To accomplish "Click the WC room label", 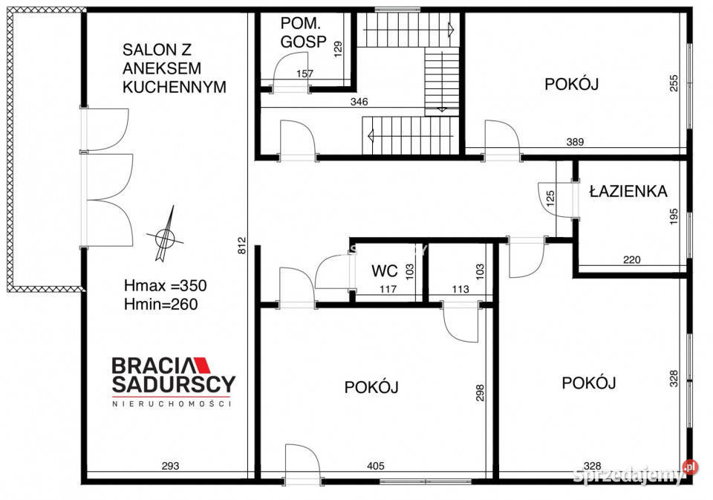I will tap(385, 270).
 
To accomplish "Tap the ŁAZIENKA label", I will tap(628, 191).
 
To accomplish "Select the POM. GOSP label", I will tap(303, 33).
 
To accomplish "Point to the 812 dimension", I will tap(241, 246).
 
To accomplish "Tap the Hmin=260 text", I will tap(161, 303).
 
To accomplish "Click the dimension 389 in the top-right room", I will tap(574, 142).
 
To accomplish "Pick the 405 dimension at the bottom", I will tap(375, 467).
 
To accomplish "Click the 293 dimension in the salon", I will tap(171, 467).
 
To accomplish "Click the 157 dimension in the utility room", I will tap(305, 74).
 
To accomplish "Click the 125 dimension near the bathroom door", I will tap(550, 199).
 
